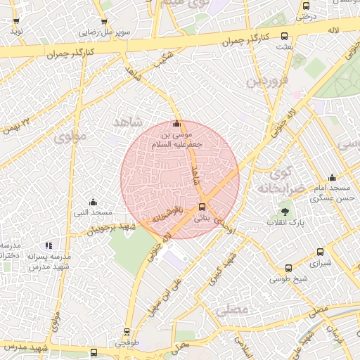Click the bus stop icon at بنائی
pyautogui.click(x=202, y=207)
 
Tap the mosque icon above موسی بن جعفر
pyautogui.click(x=176, y=124)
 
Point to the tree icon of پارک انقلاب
pyautogui.click(x=285, y=210)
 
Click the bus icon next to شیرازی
pyautogui.click(x=321, y=252)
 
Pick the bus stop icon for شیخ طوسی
pyautogui.click(x=288, y=268)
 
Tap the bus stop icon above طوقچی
pyautogui.click(x=127, y=332)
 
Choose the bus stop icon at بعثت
pyautogui.click(x=284, y=36)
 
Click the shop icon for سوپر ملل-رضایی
pyautogui.click(x=104, y=21)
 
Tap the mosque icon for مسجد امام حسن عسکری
pyautogui.click(x=332, y=178)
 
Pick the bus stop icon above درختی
pyautogui.click(x=306, y=5)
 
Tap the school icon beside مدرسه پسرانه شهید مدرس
pyautogui.click(x=49, y=245)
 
